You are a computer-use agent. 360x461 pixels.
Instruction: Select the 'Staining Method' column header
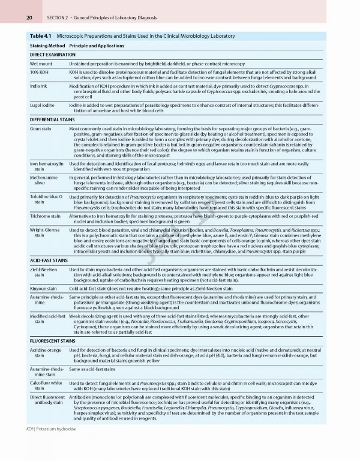coord(47,46)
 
